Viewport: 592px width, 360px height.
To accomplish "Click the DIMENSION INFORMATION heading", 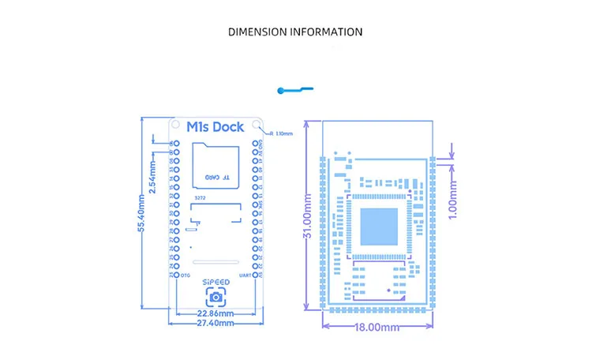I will [x=295, y=32].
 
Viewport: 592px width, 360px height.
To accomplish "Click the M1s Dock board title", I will [x=215, y=126].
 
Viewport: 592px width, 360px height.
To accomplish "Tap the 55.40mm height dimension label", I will [x=141, y=213].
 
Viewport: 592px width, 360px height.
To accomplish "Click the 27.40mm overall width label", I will [x=215, y=322].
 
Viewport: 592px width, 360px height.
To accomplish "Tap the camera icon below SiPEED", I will [x=215, y=297].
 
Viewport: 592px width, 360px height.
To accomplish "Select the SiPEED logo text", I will [x=215, y=281].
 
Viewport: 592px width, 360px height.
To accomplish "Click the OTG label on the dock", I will [x=185, y=275].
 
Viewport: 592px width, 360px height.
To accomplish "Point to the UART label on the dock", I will [x=245, y=275].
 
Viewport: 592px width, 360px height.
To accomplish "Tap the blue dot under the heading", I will [x=282, y=92].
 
